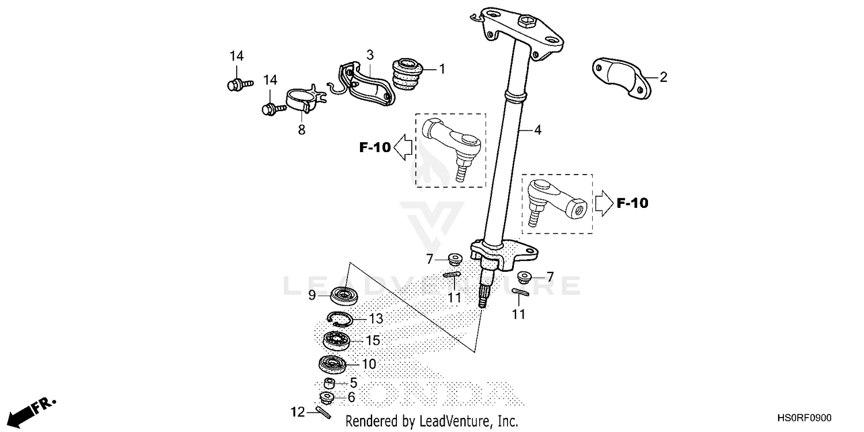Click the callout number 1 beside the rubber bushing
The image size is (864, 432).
[x=442, y=70]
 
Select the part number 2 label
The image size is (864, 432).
[x=663, y=77]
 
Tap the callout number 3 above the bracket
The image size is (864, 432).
[x=370, y=55]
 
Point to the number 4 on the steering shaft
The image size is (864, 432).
[x=537, y=130]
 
